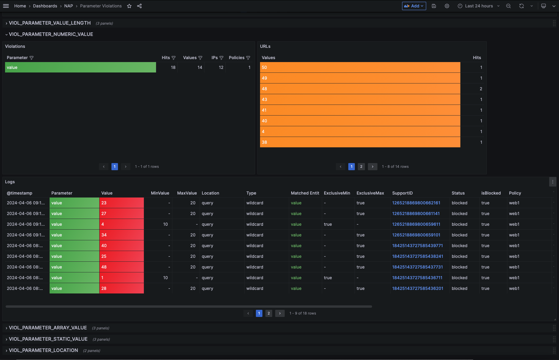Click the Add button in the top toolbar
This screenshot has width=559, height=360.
(414, 6)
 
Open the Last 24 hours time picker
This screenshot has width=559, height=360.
(479, 6)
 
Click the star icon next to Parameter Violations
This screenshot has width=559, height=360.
(129, 6)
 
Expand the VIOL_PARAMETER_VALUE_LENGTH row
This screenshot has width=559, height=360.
(50, 23)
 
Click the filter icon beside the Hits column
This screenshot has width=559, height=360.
(174, 58)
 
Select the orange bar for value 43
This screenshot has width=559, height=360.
(360, 100)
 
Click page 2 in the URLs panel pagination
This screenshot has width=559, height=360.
(361, 167)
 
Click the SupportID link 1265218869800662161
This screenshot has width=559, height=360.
(416, 203)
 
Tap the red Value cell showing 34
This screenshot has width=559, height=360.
(122, 235)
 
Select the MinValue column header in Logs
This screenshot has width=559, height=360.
(160, 193)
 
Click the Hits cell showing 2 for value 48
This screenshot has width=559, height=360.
(481, 89)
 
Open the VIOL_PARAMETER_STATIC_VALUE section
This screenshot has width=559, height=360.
(48, 339)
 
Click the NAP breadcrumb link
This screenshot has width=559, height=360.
(69, 6)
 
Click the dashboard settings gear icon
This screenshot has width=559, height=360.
(447, 6)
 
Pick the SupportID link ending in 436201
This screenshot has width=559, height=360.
(418, 288)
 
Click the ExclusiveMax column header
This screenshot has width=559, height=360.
(370, 193)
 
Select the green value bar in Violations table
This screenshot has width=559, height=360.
(81, 67)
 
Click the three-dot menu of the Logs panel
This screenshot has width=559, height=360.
(553, 182)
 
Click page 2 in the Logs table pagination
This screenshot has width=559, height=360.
(269, 313)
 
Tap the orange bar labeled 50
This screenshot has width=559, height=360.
(360, 67)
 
